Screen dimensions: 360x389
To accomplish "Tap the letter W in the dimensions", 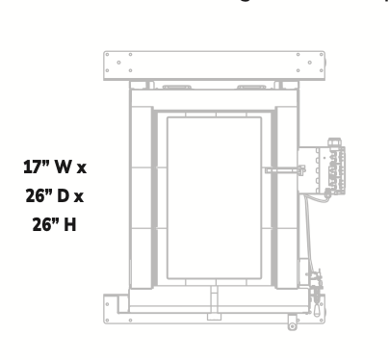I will [66, 167].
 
